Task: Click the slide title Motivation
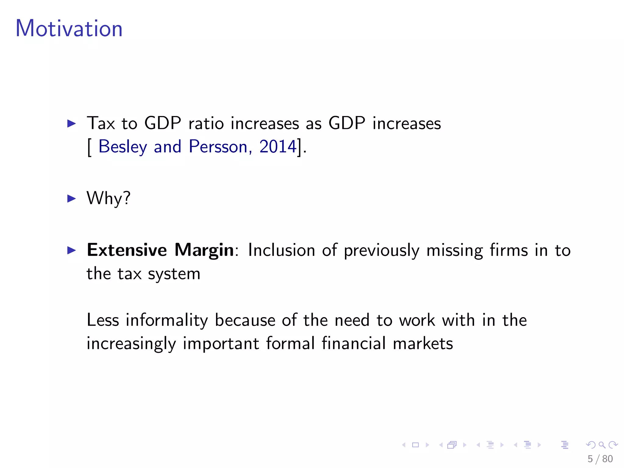pyautogui.click(x=69, y=28)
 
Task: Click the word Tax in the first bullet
pyautogui.click(x=101, y=123)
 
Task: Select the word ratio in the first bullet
pyautogui.click(x=206, y=123)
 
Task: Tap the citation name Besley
pyautogui.click(x=123, y=147)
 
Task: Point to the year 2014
pyautogui.click(x=278, y=147)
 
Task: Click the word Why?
pyautogui.click(x=108, y=198)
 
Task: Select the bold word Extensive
pyautogui.click(x=127, y=250)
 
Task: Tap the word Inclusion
pyautogui.click(x=281, y=250)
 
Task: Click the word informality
pyautogui.click(x=167, y=321)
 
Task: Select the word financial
pyautogui.click(x=354, y=343)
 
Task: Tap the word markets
pyautogui.click(x=423, y=343)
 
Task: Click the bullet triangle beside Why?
pyautogui.click(x=71, y=199)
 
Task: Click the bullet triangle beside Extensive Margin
pyautogui.click(x=71, y=250)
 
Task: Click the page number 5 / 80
pyautogui.click(x=600, y=459)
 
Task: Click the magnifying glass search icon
pyautogui.click(x=602, y=445)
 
